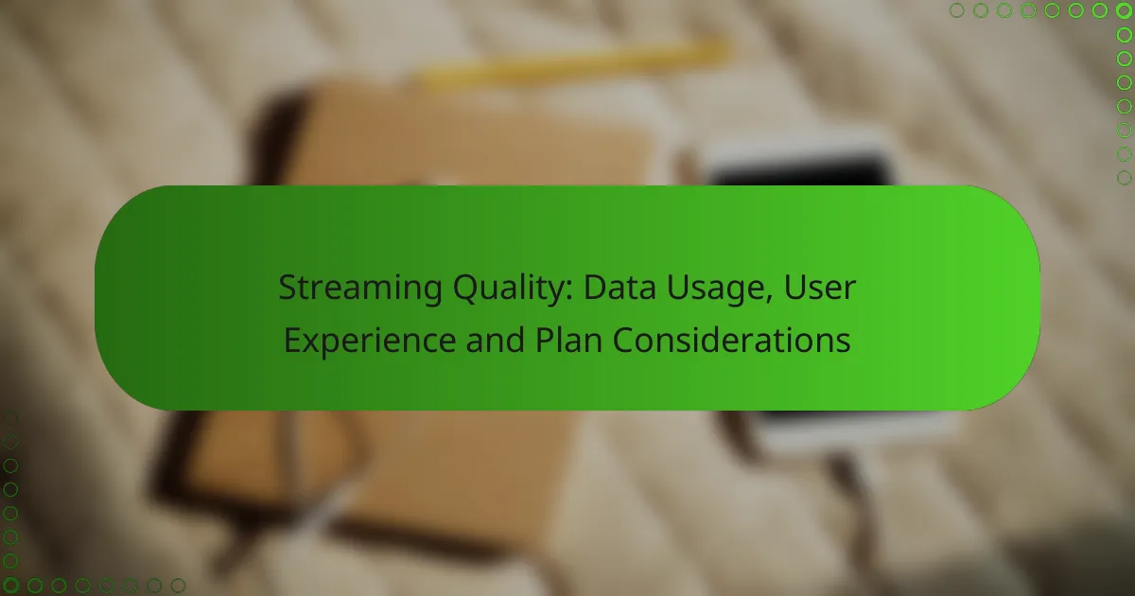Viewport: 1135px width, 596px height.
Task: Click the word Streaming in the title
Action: (x=360, y=289)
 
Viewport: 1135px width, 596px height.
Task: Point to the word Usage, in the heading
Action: (x=720, y=289)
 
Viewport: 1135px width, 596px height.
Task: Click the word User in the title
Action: (x=820, y=288)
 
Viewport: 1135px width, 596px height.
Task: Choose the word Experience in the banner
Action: (x=370, y=342)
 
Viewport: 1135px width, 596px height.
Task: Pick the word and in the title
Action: (x=495, y=340)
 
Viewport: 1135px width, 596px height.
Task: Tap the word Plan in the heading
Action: (x=568, y=340)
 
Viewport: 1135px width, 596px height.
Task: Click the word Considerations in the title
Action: (x=731, y=340)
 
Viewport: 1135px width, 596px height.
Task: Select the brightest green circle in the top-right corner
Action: (x=1124, y=10)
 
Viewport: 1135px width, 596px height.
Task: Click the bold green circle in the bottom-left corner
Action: (x=10, y=586)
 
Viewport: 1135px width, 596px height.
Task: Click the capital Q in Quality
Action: (x=466, y=289)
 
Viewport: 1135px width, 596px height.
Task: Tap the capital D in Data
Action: (x=596, y=288)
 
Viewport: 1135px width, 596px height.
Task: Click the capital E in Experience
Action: (x=293, y=340)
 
